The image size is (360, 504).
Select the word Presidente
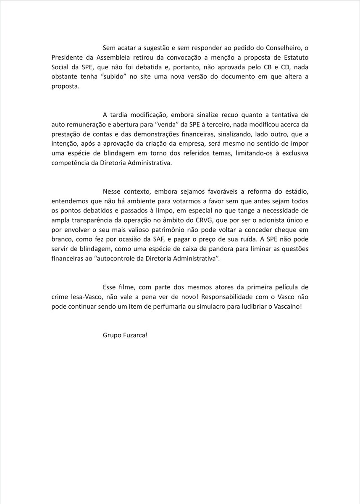coord(68,57)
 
